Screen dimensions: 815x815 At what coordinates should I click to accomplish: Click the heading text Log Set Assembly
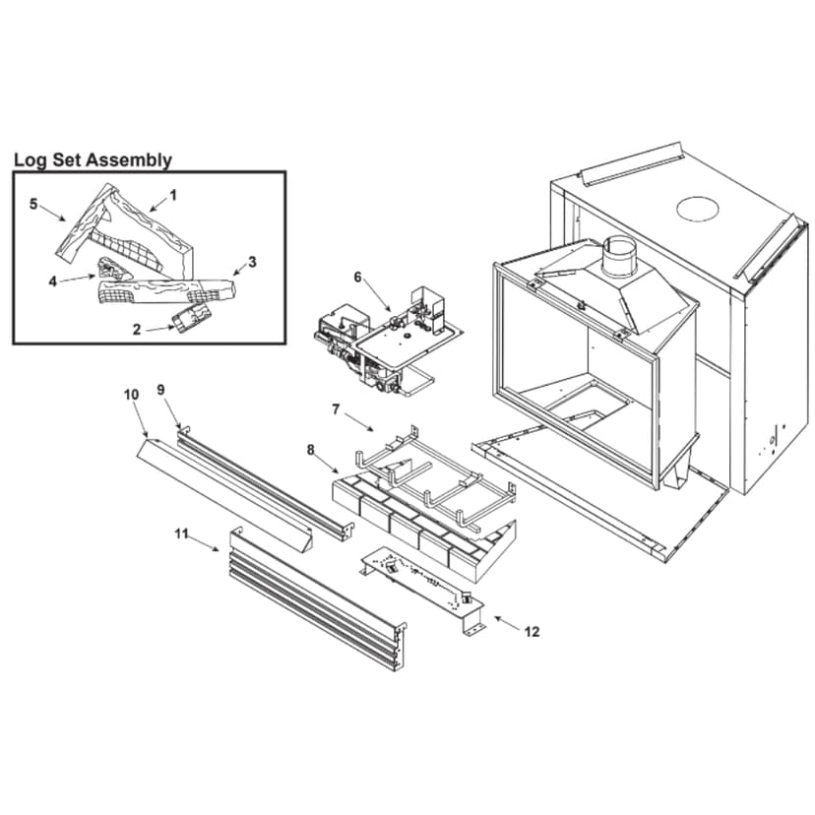click(93, 159)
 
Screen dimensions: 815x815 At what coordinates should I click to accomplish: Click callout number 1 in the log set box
click(173, 195)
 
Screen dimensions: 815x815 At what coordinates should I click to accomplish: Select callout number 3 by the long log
click(252, 262)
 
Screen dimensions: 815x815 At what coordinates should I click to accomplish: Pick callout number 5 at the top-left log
click(33, 204)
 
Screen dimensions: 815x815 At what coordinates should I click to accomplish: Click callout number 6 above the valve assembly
click(358, 279)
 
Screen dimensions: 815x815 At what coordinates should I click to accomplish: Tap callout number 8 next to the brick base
click(311, 450)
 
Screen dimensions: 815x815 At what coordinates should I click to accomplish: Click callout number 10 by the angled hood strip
click(131, 395)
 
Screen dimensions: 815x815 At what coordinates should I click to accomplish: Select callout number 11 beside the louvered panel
click(180, 533)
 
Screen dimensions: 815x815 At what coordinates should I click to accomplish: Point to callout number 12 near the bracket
click(532, 632)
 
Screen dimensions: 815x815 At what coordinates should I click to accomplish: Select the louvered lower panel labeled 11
click(315, 600)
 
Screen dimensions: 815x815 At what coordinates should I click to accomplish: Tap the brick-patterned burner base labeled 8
click(423, 522)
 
